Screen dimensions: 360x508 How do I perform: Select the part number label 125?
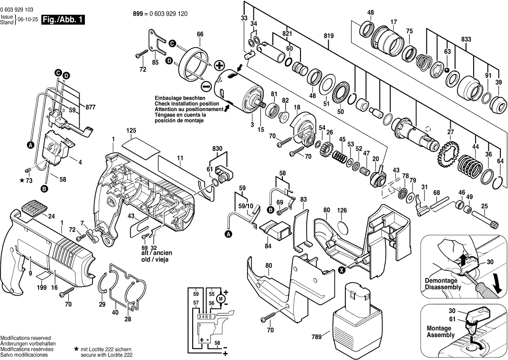tap(132, 131)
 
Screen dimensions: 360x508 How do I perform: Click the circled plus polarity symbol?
tap(219, 65)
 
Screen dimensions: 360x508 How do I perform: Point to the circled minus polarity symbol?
tap(206, 86)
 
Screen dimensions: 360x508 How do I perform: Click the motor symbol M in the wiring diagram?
tap(220, 298)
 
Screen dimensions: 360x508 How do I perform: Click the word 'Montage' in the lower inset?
tap(439, 329)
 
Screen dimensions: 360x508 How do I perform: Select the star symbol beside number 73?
tap(22, 181)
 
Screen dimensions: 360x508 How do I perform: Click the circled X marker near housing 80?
tap(342, 270)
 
